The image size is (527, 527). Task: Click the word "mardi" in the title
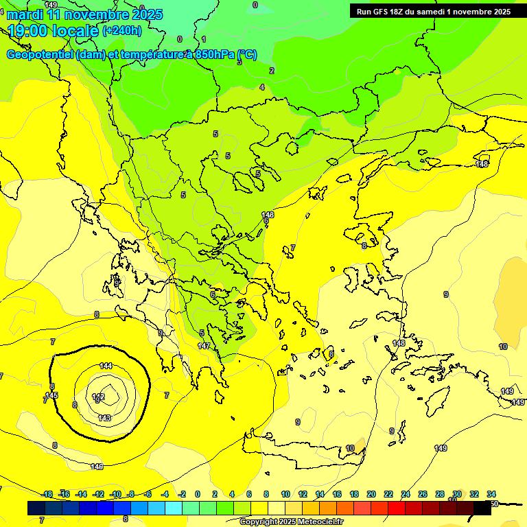(25, 14)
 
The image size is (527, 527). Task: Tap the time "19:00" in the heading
(30, 31)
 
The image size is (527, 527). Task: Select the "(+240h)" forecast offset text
(122, 30)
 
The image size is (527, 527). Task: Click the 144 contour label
(106, 366)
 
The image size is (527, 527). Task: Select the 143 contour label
(104, 418)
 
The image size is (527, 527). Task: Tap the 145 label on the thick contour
(52, 395)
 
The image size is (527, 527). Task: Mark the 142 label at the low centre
(98, 396)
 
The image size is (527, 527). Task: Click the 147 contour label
(204, 346)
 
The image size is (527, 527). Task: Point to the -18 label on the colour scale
(47, 494)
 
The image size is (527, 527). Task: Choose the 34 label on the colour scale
(491, 494)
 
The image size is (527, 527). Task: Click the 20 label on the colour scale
(371, 494)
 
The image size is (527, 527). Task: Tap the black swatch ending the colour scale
(482, 508)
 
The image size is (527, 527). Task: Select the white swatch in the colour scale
(277, 508)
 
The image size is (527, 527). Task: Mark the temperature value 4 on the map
(262, 87)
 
